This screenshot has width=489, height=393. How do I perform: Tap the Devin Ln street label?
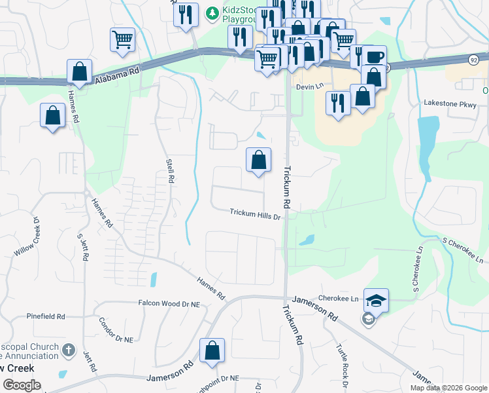click(310, 86)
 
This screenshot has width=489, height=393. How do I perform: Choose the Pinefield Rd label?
click(46, 316)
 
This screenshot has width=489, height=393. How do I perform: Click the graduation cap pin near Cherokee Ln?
click(376, 301)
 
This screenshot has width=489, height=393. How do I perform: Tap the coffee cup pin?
click(375, 57)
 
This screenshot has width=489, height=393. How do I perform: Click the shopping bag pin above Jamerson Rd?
click(212, 350)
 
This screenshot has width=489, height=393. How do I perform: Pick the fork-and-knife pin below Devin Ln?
click(338, 103)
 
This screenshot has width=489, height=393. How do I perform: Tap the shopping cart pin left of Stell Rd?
click(122, 41)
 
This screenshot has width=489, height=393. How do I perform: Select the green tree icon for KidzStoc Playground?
click(212, 12)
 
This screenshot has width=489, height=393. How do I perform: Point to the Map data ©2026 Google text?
click(448, 388)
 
